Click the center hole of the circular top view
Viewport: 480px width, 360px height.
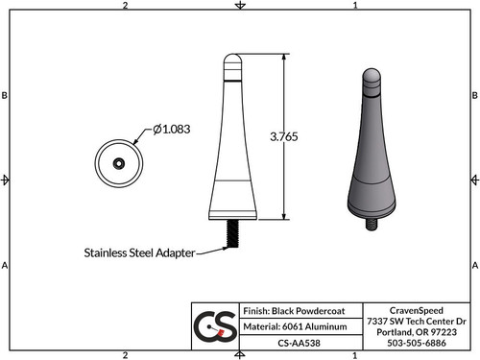point(117,162)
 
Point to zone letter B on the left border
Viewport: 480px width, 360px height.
point(6,95)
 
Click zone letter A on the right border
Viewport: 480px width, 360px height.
point(474,264)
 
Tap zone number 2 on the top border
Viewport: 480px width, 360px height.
point(126,6)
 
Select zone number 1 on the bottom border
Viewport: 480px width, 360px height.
point(355,354)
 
